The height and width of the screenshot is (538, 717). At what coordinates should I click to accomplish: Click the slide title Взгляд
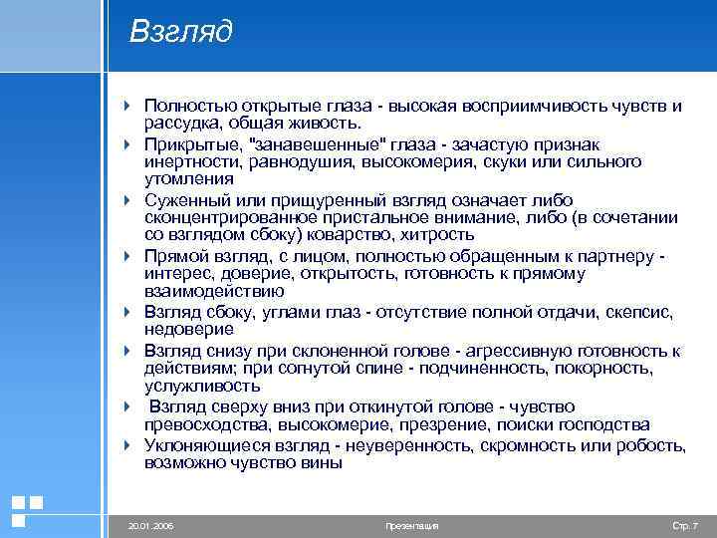(180, 33)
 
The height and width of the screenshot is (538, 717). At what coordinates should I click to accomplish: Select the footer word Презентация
(410, 525)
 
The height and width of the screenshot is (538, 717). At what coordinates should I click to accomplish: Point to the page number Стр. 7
(686, 525)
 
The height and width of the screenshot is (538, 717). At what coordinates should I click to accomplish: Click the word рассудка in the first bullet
(179, 123)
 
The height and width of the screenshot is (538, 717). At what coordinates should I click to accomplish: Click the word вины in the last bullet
(320, 462)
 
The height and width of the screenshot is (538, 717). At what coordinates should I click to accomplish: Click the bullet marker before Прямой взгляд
(127, 256)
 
